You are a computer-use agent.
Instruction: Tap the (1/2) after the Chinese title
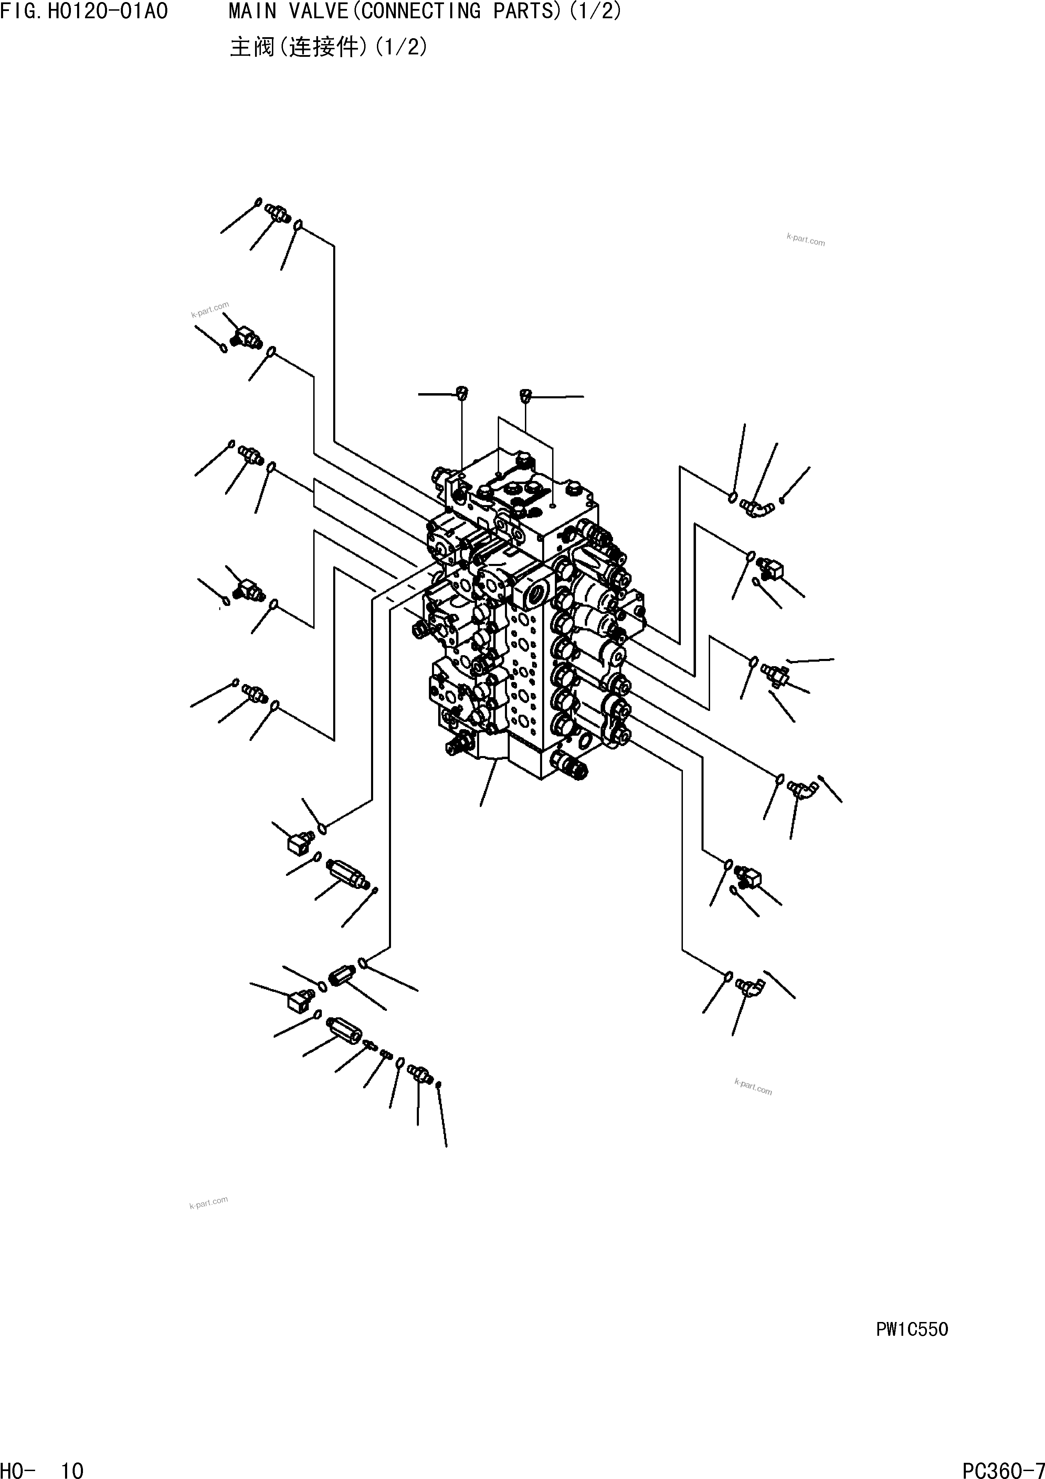tap(401, 47)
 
